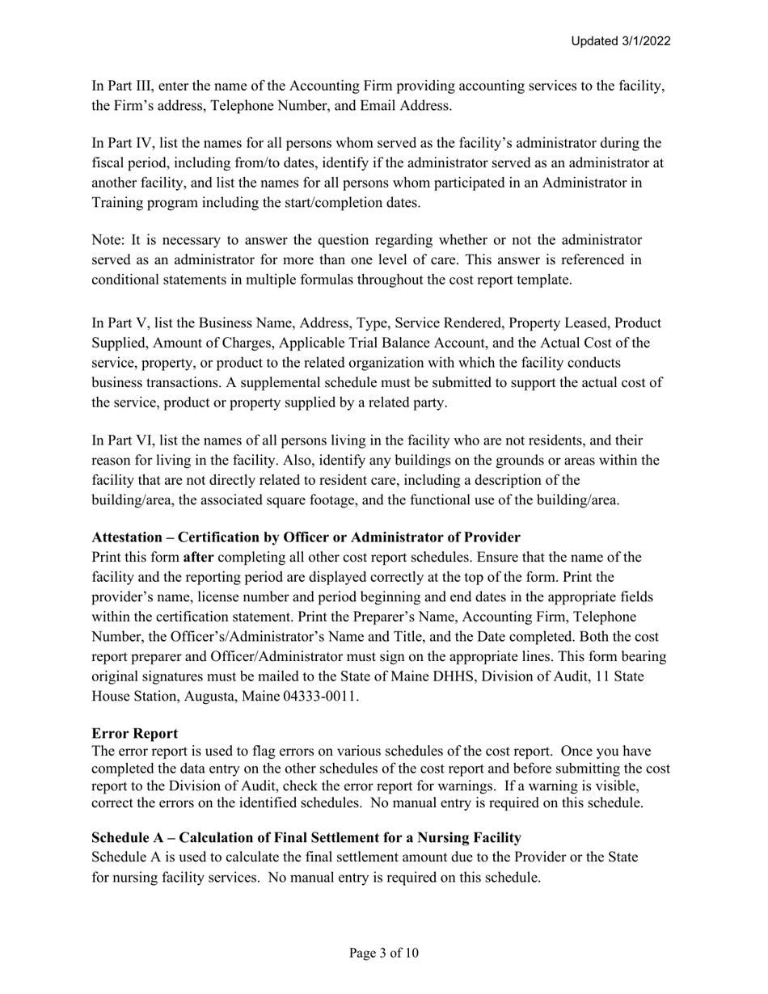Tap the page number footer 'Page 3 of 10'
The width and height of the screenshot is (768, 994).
click(384, 954)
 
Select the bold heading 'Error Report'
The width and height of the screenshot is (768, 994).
click(134, 733)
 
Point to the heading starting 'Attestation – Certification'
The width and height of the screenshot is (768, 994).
click(306, 537)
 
